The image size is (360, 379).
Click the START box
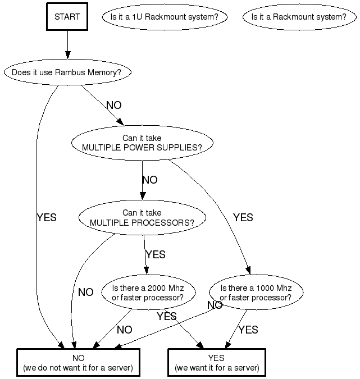pyautogui.click(x=67, y=17)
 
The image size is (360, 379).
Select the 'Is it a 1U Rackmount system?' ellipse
pyautogui.click(x=165, y=17)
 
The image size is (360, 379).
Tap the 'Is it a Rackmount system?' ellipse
pyautogui.click(x=299, y=17)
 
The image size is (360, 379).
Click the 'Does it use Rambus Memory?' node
pyautogui.click(x=67, y=72)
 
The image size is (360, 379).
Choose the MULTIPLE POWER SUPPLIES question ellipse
pyautogui.click(x=142, y=143)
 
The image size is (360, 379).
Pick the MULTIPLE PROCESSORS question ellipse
pyautogui.click(x=142, y=218)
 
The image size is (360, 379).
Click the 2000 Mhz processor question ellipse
pyautogui.click(x=149, y=293)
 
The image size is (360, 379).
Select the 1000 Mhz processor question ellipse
pyautogui.click(x=256, y=293)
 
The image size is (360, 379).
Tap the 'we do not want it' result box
pyautogui.click(x=78, y=363)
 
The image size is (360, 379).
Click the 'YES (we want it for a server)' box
pyautogui.click(x=216, y=363)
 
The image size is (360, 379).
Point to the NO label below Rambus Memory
pyautogui.click(x=113, y=106)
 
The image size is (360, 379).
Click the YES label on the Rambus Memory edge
pyautogui.click(x=46, y=217)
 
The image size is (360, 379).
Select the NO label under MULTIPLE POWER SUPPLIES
pyautogui.click(x=150, y=180)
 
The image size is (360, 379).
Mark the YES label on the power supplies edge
pyautogui.click(x=243, y=217)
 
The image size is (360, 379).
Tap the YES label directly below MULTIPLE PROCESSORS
pyautogui.click(x=156, y=254)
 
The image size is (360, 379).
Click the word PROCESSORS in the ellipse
pyautogui.click(x=163, y=222)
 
